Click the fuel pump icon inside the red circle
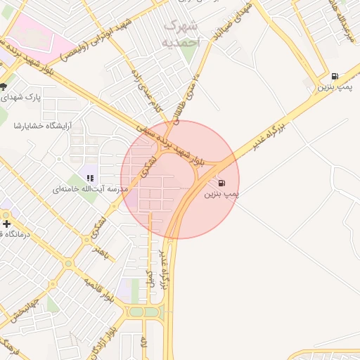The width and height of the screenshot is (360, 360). pos(222,184)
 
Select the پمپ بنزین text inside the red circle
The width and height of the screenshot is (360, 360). pos(222,194)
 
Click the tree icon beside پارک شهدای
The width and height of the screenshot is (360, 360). pos(4,86)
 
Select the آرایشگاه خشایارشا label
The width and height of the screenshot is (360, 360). pos(42,126)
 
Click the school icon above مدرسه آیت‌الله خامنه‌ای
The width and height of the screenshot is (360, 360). pos(90,177)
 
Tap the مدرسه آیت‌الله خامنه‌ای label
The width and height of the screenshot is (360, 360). pos(90,189)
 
